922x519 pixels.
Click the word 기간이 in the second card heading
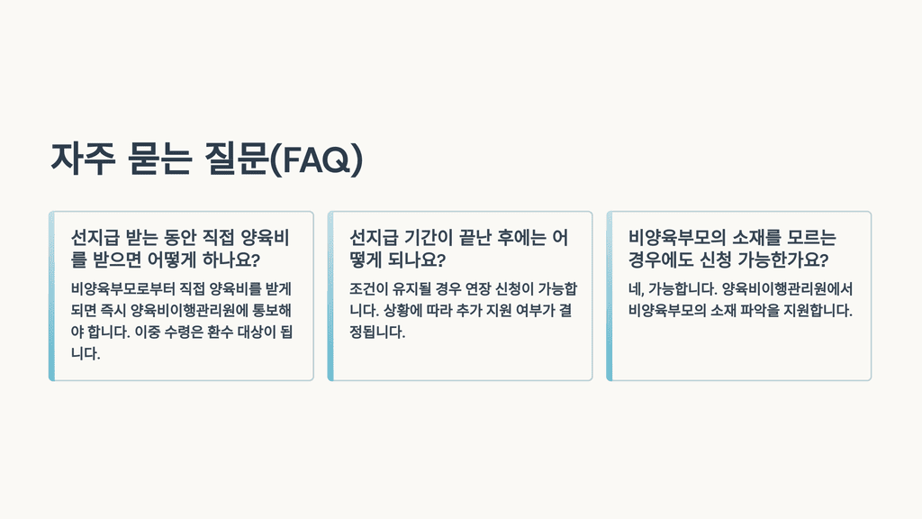click(x=435, y=238)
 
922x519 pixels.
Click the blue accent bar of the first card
click(x=51, y=296)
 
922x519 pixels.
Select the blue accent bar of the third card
click(x=610, y=296)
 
